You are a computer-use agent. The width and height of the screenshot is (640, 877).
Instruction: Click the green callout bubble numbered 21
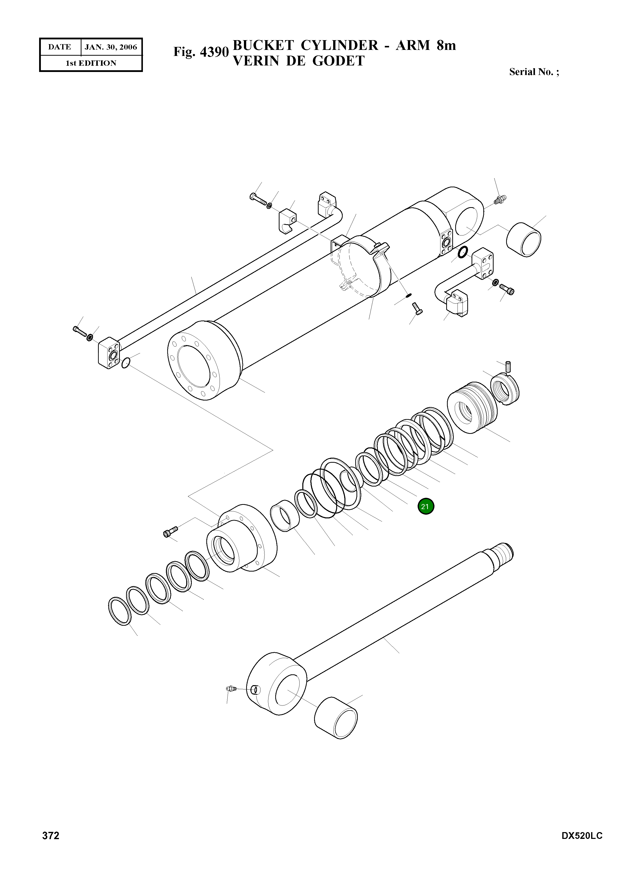(x=426, y=506)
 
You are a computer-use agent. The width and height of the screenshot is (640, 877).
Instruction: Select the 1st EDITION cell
(x=91, y=63)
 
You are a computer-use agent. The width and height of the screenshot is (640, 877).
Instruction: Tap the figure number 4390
(x=215, y=52)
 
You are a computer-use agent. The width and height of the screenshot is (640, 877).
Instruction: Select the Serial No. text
(x=533, y=72)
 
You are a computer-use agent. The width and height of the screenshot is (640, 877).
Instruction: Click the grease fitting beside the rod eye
(x=231, y=688)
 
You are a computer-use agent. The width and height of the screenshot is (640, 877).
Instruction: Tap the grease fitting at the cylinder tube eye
(x=501, y=200)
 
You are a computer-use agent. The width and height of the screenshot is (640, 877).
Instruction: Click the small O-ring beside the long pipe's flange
(x=126, y=363)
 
